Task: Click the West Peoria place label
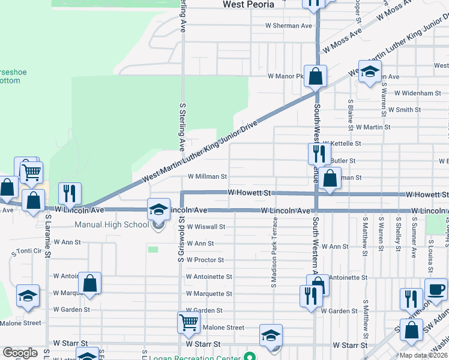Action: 248,4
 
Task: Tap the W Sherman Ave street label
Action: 289,26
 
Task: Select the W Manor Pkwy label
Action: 286,76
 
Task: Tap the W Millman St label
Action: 207,177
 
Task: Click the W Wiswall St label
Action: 205,227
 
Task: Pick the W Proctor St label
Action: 205,260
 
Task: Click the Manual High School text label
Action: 111,224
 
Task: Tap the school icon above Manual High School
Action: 158,209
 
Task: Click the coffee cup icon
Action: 435,289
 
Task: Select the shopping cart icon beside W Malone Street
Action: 188,323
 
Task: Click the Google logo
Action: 20,353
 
